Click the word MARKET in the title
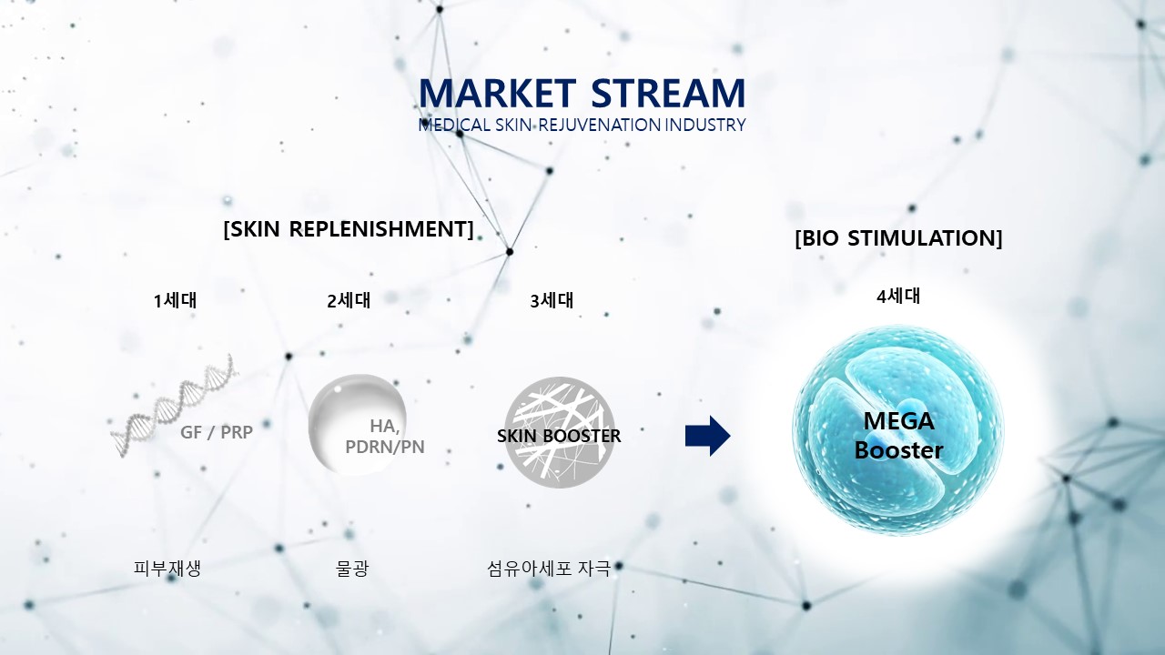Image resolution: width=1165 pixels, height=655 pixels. coord(497,94)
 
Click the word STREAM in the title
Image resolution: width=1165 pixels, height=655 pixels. coord(668,94)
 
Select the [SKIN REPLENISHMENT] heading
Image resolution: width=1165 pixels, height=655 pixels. coord(349,229)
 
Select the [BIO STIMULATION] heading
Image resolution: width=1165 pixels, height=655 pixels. coord(898,238)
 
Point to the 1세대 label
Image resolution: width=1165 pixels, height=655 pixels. coord(176,300)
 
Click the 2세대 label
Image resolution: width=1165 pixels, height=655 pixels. coord(349,300)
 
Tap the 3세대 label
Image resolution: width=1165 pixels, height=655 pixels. coord(552,300)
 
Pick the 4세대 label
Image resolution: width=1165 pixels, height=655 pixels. coord(898,297)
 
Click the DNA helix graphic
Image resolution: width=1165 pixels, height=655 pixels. coord(174,407)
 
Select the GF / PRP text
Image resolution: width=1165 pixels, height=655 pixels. coord(217,432)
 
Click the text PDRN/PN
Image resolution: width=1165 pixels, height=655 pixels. coord(385,447)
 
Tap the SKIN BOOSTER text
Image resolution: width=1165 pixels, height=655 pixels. coord(559,436)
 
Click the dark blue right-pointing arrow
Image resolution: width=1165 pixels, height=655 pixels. coord(708,436)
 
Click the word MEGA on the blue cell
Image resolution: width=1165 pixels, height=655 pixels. coord(898,421)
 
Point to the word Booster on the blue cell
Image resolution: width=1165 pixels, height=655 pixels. coord(898,450)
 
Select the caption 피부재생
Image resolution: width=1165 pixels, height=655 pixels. coord(167,569)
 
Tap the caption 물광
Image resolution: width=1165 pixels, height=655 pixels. coord(352,569)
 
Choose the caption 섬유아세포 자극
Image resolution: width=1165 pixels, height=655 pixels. coord(549,569)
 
